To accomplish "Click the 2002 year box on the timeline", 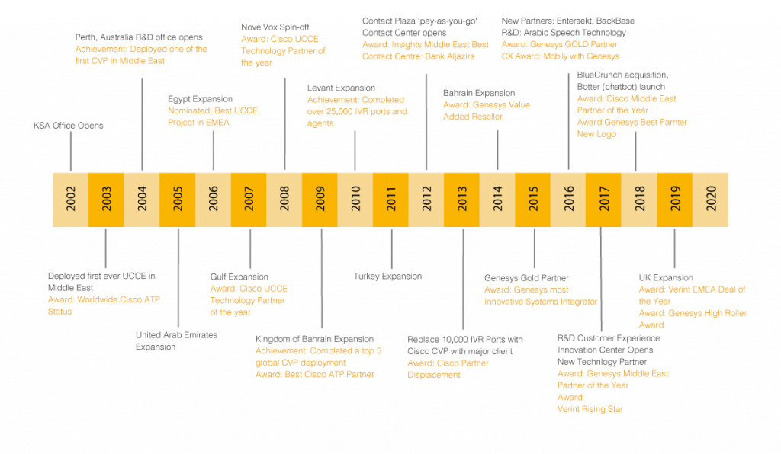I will tap(69, 199).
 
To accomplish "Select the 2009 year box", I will tap(320, 199).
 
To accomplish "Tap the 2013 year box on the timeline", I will tap(462, 199).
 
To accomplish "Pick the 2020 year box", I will tap(711, 199).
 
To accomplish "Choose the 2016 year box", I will tap(569, 199).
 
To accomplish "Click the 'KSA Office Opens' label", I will tap(68, 125).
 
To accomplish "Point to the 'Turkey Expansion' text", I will tap(387, 276).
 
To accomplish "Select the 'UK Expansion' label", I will tap(666, 278).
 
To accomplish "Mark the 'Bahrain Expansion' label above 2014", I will tap(479, 93).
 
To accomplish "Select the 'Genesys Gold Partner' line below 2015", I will tap(527, 278).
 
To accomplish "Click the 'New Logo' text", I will tap(596, 134).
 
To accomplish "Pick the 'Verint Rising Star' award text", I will tap(590, 409).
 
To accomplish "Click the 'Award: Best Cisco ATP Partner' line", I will tap(314, 375).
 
